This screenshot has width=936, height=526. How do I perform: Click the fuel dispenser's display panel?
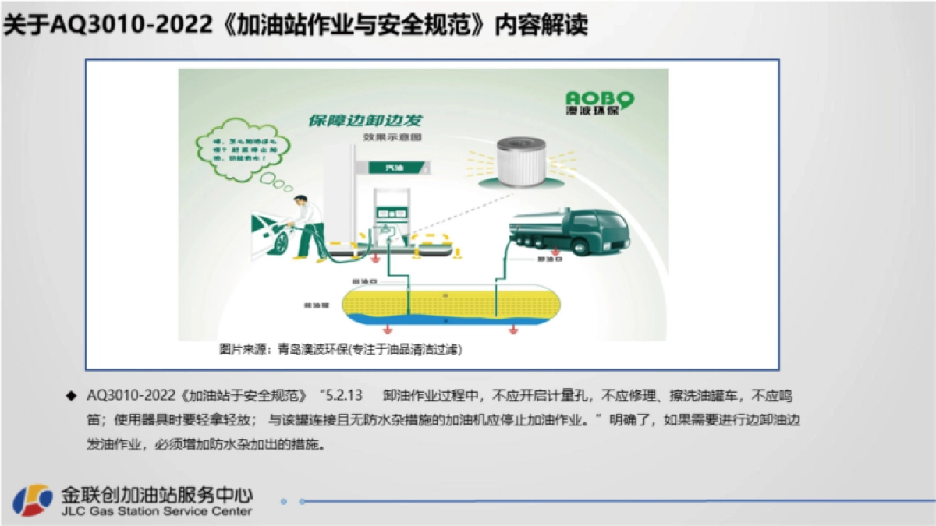coord(392,210)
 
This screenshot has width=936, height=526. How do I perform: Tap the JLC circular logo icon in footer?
coord(32,500)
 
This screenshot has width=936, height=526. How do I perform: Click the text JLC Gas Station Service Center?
coord(155,511)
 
